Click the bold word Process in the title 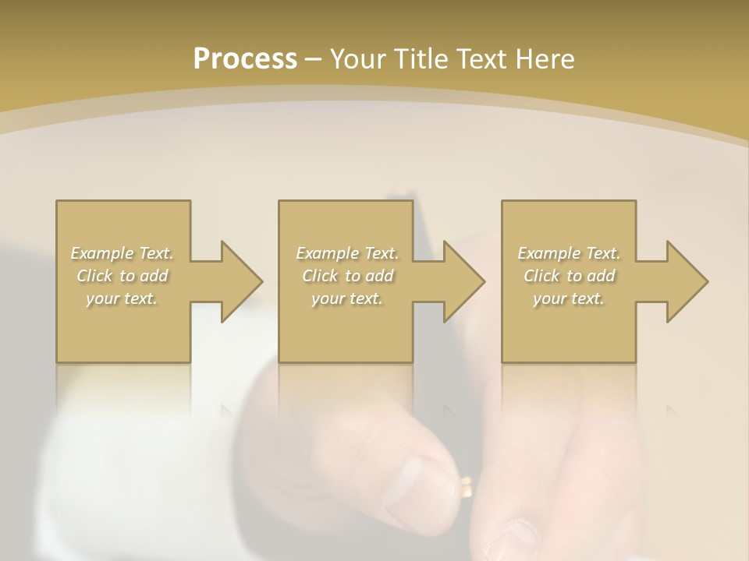(x=245, y=59)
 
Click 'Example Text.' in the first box (x=122, y=253)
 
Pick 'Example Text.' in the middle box (x=347, y=253)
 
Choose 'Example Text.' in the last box (x=569, y=253)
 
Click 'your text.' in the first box (x=122, y=298)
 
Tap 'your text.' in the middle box (x=347, y=298)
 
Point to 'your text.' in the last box (x=569, y=298)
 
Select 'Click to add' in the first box (x=122, y=276)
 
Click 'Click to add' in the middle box (x=347, y=276)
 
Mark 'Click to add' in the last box (x=569, y=276)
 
